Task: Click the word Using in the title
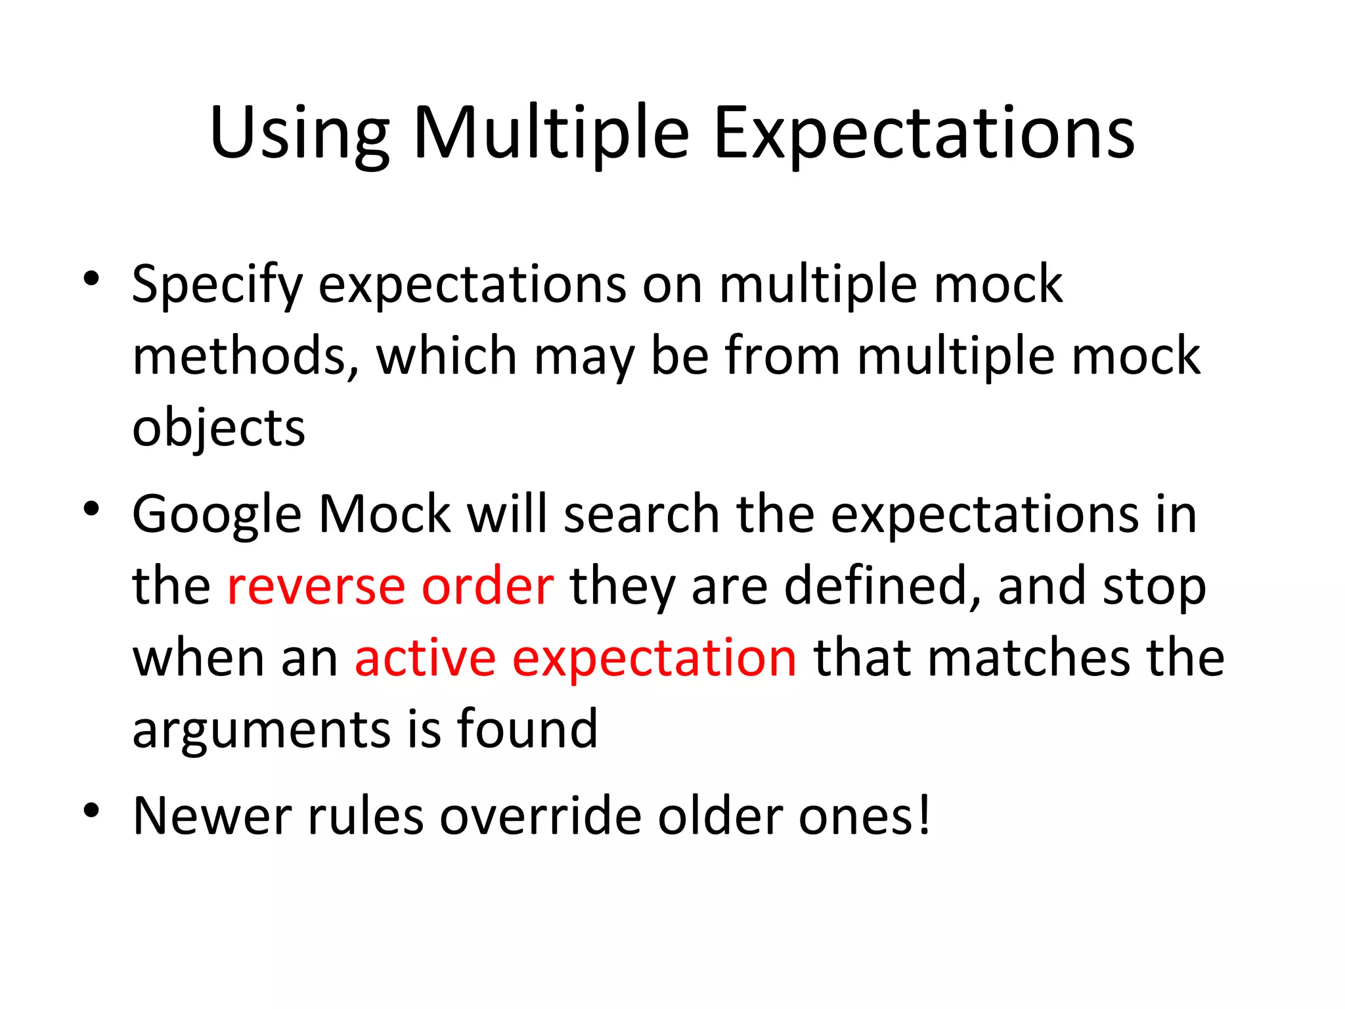[x=299, y=135]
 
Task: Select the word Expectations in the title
[x=924, y=135]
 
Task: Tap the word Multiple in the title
[x=551, y=135]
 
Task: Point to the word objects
[x=219, y=429]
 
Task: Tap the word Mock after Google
[x=385, y=514]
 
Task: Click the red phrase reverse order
[x=390, y=586]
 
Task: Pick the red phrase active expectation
[x=575, y=658]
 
